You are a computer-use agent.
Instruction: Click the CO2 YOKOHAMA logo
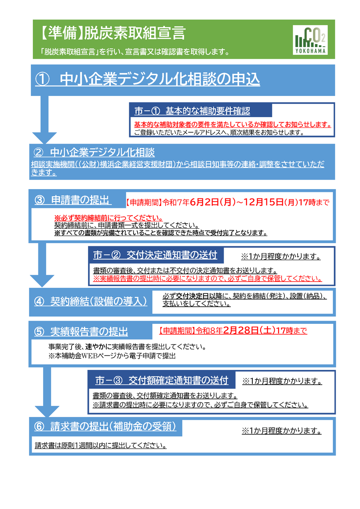click(310, 40)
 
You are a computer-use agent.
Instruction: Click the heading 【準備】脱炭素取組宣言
click(112, 33)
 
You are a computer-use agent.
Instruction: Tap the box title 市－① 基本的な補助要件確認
click(192, 111)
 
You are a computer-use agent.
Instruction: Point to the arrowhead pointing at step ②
click(44, 138)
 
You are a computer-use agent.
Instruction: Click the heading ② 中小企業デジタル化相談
click(94, 152)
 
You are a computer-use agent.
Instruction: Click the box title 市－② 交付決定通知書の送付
click(155, 255)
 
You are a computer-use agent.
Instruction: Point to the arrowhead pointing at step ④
click(42, 281)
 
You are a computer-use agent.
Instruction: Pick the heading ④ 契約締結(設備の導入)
click(91, 301)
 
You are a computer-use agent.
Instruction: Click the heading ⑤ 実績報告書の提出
click(81, 331)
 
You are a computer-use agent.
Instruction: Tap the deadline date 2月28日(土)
click(249, 330)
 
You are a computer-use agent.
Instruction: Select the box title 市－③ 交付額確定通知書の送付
click(162, 380)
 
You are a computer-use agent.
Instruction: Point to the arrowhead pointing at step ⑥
click(47, 412)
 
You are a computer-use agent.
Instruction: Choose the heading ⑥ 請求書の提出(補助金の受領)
click(105, 426)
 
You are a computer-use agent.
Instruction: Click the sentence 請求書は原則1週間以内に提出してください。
click(100, 445)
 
